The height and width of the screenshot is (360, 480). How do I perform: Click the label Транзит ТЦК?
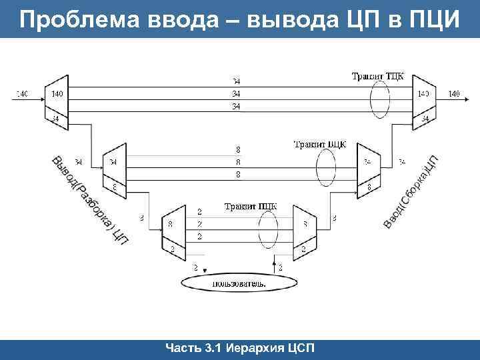[x=377, y=76]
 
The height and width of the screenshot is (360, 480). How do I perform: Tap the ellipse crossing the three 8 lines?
[x=326, y=167]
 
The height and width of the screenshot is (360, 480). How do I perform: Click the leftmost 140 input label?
[x=21, y=94]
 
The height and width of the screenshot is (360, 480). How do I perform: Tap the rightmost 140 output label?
[x=454, y=94]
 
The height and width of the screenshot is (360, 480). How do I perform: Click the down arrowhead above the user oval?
[x=205, y=270]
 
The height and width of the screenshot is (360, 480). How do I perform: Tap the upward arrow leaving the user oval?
[x=275, y=266]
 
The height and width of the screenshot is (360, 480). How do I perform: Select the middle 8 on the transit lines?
[x=238, y=162]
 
